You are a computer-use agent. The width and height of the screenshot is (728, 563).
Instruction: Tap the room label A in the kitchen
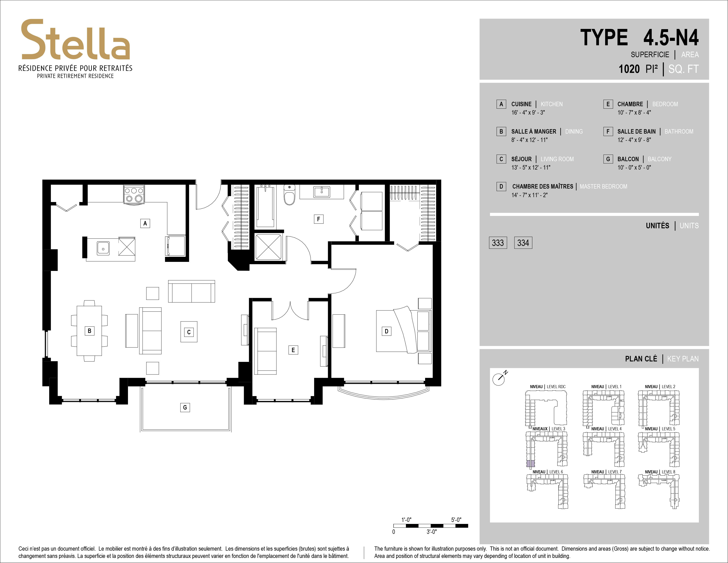pyautogui.click(x=145, y=223)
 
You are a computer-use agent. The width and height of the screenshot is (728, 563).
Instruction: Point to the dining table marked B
pyautogui.click(x=89, y=331)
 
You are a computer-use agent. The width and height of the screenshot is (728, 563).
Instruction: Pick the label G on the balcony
pyautogui.click(x=185, y=407)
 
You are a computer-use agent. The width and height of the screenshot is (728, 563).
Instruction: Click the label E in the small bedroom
pyautogui.click(x=293, y=350)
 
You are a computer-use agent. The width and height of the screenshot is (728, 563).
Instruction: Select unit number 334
pyautogui.click(x=523, y=243)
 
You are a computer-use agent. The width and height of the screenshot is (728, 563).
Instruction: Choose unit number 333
pyautogui.click(x=498, y=243)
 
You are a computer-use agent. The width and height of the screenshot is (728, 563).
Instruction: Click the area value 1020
pyautogui.click(x=629, y=69)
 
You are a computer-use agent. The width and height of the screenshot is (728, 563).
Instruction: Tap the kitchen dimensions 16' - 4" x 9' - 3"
pyautogui.click(x=528, y=113)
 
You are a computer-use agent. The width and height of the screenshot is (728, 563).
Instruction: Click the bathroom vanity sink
pyautogui.click(x=322, y=192)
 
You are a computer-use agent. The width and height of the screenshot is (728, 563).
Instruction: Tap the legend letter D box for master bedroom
pyautogui.click(x=501, y=186)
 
